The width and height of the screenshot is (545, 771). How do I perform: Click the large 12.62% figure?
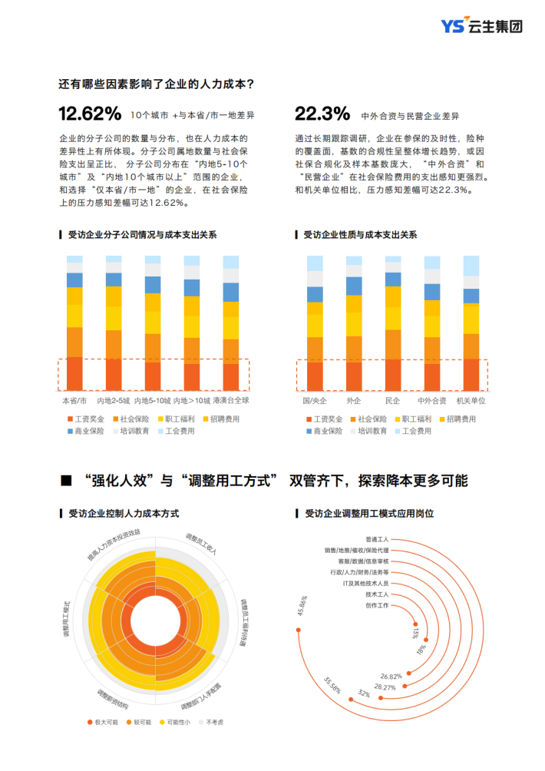(90, 114)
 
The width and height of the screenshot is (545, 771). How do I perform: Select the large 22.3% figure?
(322, 114)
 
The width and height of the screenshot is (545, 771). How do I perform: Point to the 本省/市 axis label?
(74, 400)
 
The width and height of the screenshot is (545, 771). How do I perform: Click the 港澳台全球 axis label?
(231, 400)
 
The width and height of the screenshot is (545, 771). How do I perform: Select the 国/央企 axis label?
(314, 401)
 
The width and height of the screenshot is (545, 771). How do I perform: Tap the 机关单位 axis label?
(471, 401)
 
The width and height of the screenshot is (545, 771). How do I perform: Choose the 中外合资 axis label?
(431, 401)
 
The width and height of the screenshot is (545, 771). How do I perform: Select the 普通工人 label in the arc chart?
(377, 539)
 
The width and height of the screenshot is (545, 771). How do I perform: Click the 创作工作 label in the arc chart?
(377, 606)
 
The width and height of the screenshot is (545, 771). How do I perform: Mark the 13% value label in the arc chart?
(415, 632)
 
